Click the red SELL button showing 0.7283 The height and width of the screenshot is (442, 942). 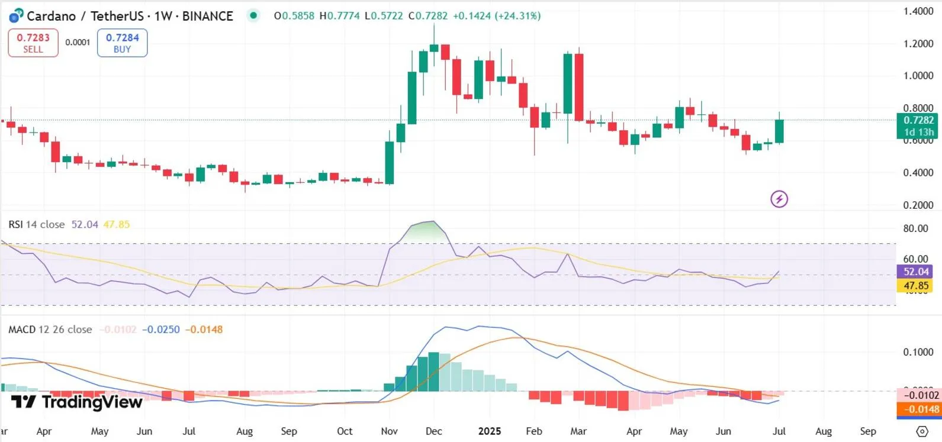[x=33, y=43]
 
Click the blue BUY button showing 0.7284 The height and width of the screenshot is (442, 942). [x=122, y=43]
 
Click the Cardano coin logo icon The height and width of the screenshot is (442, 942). [x=16, y=16]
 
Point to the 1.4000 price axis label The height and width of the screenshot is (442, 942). [x=918, y=11]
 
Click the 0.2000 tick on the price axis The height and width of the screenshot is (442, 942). [x=918, y=205]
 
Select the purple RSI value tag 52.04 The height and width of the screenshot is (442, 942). [x=915, y=272]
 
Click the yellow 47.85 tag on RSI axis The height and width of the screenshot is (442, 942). [x=915, y=286]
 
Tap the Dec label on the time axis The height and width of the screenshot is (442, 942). [x=433, y=431]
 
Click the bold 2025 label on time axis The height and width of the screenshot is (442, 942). [x=489, y=431]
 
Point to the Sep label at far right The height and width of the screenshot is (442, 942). [x=868, y=431]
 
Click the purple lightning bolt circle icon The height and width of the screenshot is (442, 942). [x=779, y=199]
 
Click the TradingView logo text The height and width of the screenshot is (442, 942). [x=78, y=402]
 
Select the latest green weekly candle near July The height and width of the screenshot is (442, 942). [x=779, y=131]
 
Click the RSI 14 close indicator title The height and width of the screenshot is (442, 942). [x=37, y=224]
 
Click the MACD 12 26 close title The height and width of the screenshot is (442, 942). [x=50, y=330]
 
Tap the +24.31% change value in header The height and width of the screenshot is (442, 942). [x=519, y=16]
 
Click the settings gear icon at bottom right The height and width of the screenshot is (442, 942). [x=922, y=431]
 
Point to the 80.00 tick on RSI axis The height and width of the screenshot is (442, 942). [x=915, y=228]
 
